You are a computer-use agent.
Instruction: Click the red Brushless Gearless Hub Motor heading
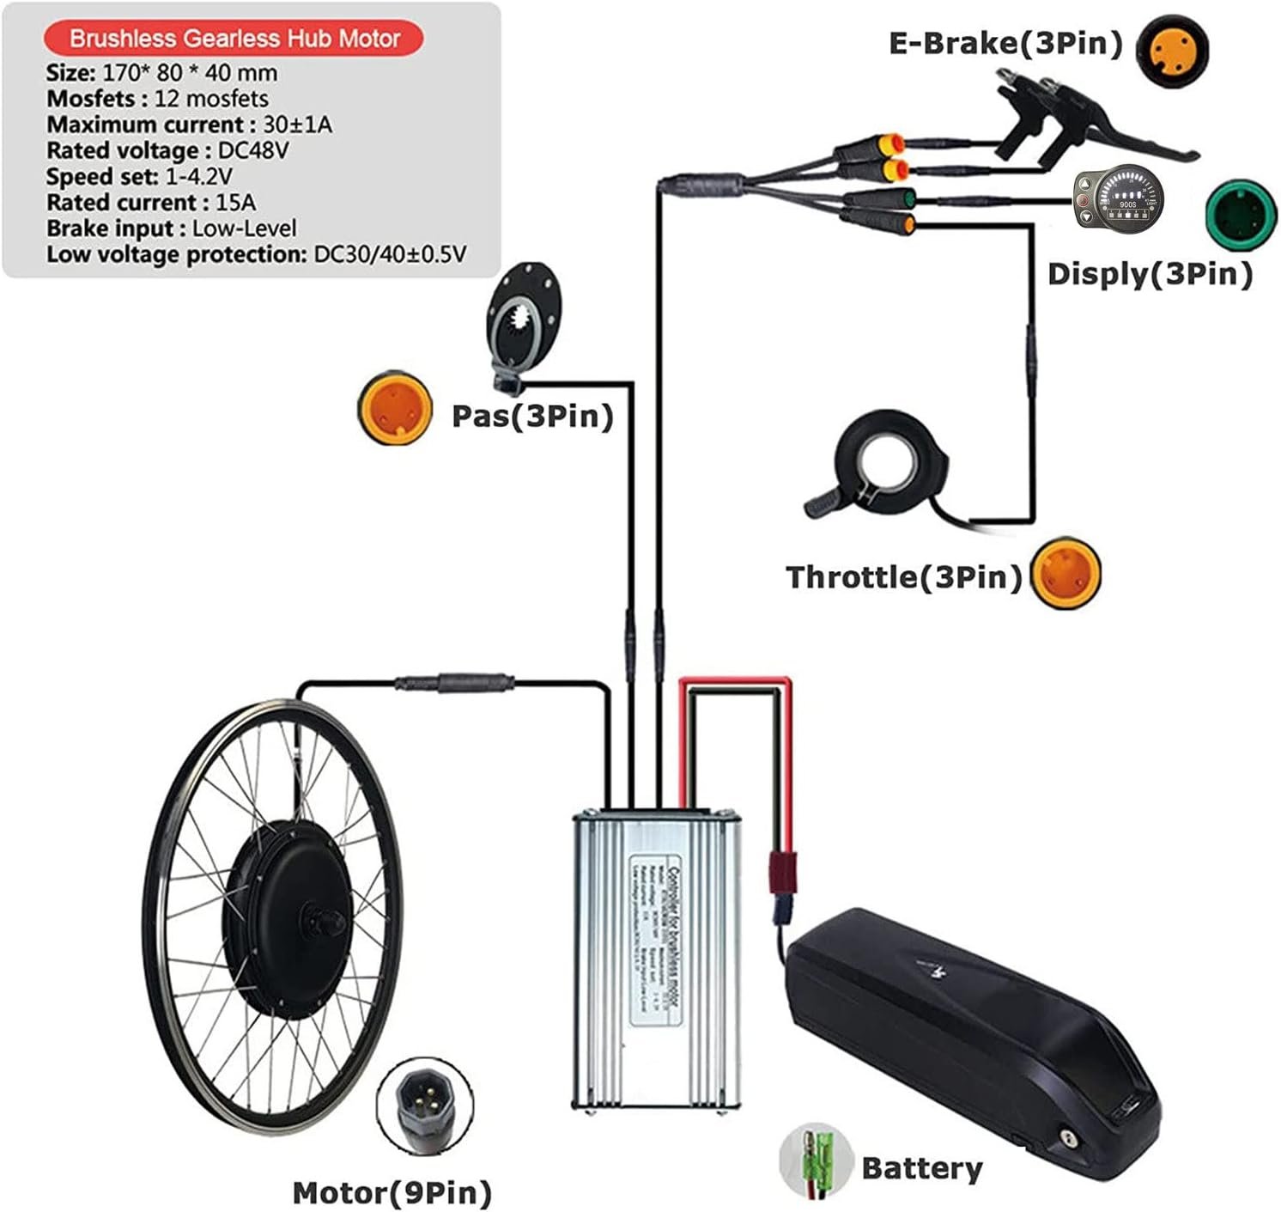coord(234,39)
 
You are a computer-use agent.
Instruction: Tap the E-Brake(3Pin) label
coord(1005,43)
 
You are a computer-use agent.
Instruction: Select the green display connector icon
coord(1241,214)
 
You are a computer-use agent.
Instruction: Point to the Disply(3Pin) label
coord(1150,274)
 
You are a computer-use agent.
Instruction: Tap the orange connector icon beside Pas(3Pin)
coord(394,408)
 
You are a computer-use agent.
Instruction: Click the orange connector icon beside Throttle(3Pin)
coord(1065,573)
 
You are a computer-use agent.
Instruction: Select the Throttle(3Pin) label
coord(904,576)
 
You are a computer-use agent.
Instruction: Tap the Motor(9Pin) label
coord(392,1192)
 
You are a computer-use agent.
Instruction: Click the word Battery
coord(921,1168)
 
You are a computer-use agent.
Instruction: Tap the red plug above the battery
coord(782,872)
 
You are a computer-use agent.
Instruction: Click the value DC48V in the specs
coord(253,150)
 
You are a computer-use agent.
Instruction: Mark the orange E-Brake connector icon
coord(1173,50)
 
